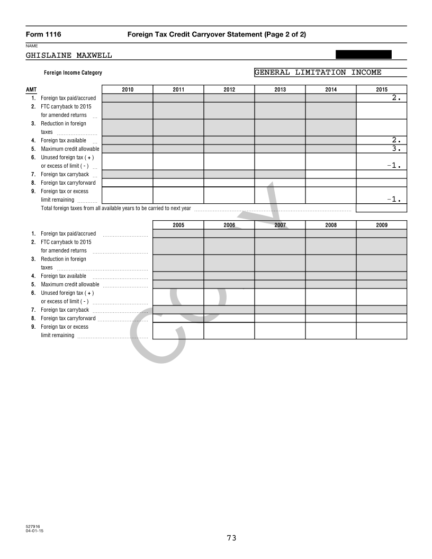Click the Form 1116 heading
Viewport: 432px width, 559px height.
click(x=43, y=34)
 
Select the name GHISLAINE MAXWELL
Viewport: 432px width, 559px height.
click(x=69, y=55)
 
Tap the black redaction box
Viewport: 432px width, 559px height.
click(x=364, y=55)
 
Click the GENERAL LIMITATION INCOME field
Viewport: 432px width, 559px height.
click(x=330, y=73)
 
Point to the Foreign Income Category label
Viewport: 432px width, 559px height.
click(x=73, y=73)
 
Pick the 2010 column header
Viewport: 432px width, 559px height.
click(x=128, y=89)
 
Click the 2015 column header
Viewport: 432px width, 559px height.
click(x=381, y=89)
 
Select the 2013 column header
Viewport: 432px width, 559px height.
click(x=280, y=89)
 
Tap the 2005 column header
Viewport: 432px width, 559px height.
click(x=178, y=225)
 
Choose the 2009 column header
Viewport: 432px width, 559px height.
click(x=381, y=225)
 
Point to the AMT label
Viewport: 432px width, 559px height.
click(x=31, y=89)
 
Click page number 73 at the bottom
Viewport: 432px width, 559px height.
click(x=231, y=538)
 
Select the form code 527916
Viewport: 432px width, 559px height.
click(x=33, y=527)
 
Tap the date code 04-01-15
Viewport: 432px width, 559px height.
click(x=34, y=531)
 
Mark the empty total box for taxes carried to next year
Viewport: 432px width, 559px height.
click(x=381, y=208)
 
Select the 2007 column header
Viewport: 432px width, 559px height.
click(x=280, y=225)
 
